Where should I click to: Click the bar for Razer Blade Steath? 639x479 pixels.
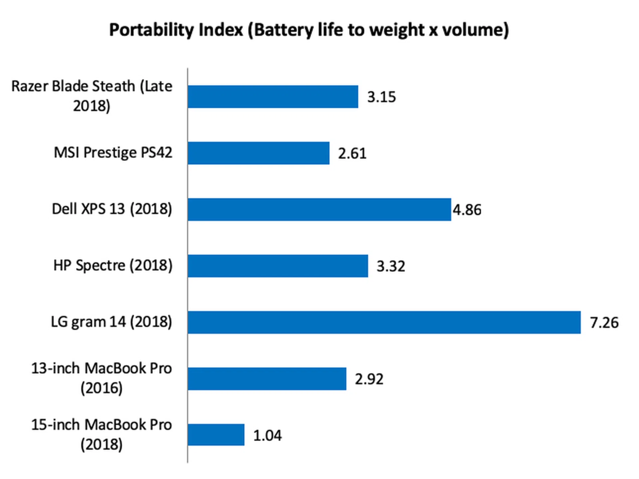coord(273,97)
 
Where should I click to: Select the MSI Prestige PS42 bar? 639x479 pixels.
coord(259,153)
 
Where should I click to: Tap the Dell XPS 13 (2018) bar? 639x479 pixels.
coord(319,210)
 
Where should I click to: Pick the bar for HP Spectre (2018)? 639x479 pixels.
coord(278,266)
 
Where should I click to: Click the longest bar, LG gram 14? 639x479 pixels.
coord(384,322)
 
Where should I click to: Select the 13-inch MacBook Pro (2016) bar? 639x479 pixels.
coord(267,379)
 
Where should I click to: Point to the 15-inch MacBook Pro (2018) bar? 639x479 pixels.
coord(216,435)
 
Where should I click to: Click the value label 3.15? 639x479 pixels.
coord(381,97)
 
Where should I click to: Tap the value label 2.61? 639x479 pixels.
coord(352,154)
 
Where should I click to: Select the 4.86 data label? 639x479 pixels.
coord(467,210)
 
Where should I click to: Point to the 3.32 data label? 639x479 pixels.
coord(391,266)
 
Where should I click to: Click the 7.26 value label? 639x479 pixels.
coord(604,322)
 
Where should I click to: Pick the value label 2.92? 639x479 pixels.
coord(369,379)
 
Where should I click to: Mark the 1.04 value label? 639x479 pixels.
coord(267,435)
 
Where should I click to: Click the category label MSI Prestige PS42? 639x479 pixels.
coord(113,153)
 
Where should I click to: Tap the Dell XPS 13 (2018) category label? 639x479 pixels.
coord(112,209)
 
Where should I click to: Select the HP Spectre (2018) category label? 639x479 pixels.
coord(113,265)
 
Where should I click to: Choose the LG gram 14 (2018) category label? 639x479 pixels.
coord(111,322)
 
